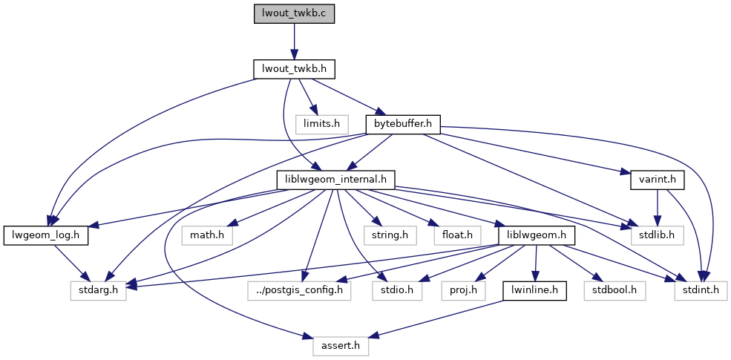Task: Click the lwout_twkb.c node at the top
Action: point(294,14)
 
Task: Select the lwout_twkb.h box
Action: point(294,69)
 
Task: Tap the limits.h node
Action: point(321,124)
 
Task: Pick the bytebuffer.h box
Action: point(403,124)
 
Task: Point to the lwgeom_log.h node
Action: point(46,235)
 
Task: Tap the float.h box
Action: point(456,235)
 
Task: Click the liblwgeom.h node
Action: point(537,235)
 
